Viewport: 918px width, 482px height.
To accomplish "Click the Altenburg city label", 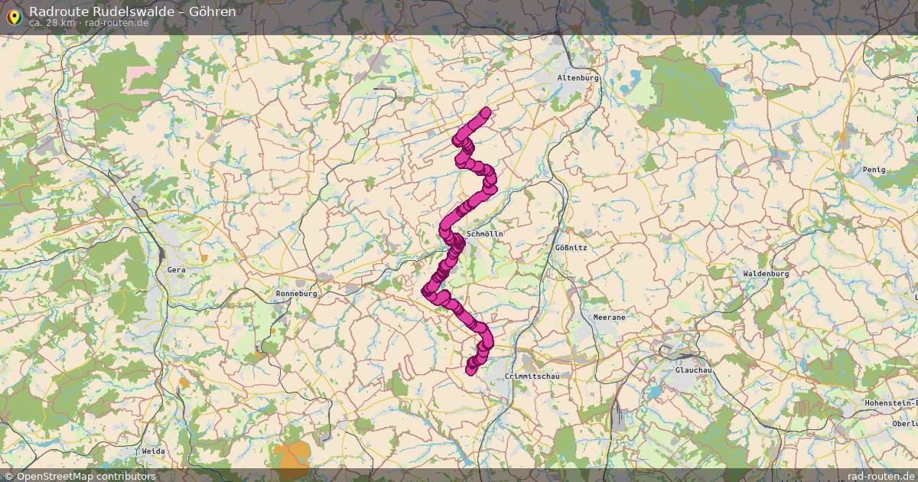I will click(578, 78).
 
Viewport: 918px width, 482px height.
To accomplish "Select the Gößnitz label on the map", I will click(571, 248).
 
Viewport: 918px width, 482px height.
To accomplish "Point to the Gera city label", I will click(176, 270).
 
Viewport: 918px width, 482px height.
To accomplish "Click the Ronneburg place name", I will click(296, 293).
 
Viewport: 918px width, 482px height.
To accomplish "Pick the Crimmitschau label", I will click(532, 377).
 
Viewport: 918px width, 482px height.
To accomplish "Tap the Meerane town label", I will click(609, 317).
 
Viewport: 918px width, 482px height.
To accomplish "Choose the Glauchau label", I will click(694, 370).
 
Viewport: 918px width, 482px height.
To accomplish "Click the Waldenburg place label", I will click(765, 273).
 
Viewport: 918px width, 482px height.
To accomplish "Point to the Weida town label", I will click(153, 451).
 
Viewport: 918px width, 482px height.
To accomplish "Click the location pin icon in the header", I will click(13, 15).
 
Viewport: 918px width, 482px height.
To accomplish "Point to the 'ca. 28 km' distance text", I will click(51, 23).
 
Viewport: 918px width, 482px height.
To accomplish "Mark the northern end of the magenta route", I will click(484, 113).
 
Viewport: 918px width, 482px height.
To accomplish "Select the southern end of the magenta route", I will click(470, 370).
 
